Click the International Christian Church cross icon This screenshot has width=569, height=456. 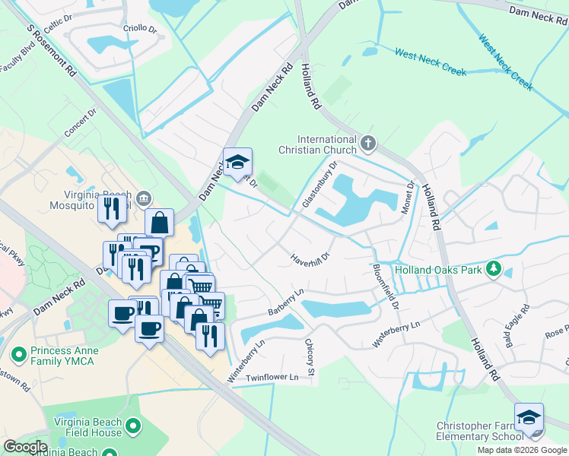(368, 142)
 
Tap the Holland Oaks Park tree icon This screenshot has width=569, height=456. (493, 269)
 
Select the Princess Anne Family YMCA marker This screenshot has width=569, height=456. (19, 353)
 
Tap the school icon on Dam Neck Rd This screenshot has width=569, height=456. (237, 162)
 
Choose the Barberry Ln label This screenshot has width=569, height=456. (285, 302)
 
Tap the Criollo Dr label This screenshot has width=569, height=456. (139, 30)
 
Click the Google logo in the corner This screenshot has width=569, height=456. (25, 447)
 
